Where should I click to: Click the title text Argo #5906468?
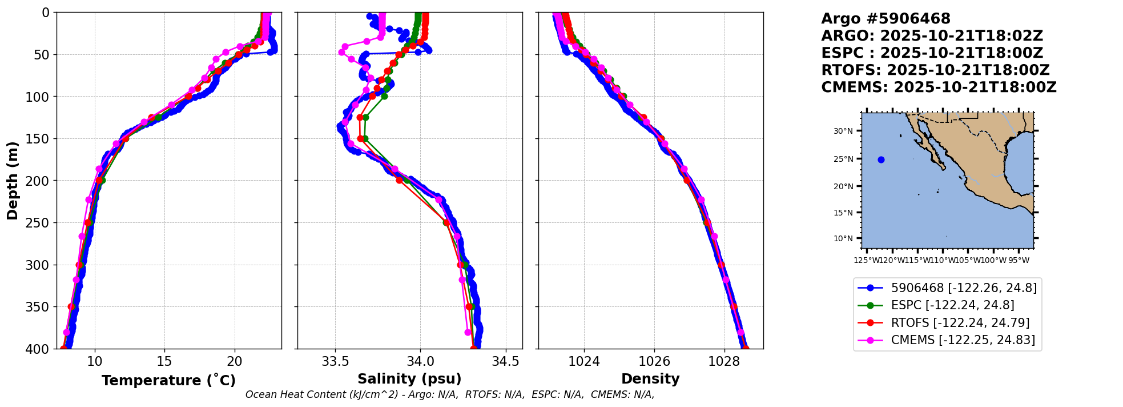tap(885, 19)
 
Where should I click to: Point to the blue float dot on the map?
tap(881, 160)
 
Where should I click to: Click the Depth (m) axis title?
tap(13, 180)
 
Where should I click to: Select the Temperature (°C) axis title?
tap(168, 380)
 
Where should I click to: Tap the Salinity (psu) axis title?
tap(409, 379)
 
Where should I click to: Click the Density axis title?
tap(650, 379)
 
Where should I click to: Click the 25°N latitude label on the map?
tap(843, 159)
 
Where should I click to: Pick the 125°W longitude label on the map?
tap(866, 261)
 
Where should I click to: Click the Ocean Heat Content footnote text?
tap(450, 394)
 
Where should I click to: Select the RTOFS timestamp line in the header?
tap(935, 70)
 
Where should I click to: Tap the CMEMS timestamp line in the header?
tap(939, 87)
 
